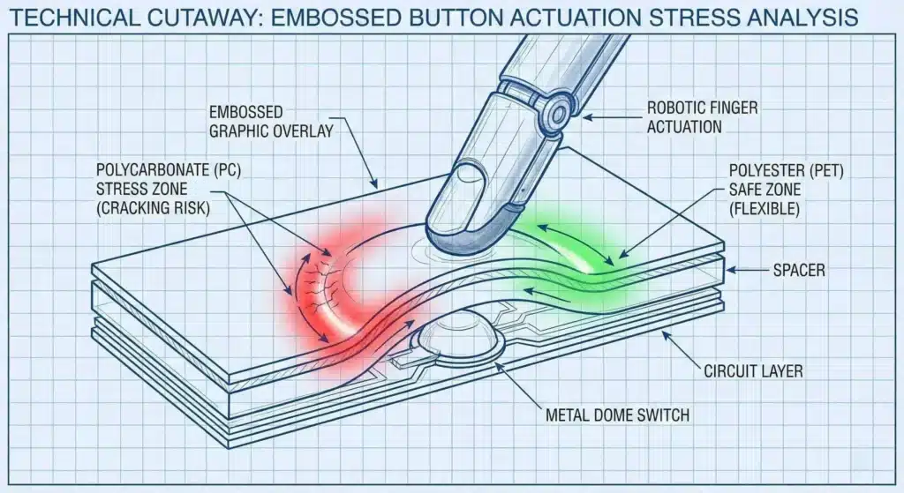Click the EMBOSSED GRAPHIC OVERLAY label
[272, 123]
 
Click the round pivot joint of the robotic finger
[555, 114]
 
